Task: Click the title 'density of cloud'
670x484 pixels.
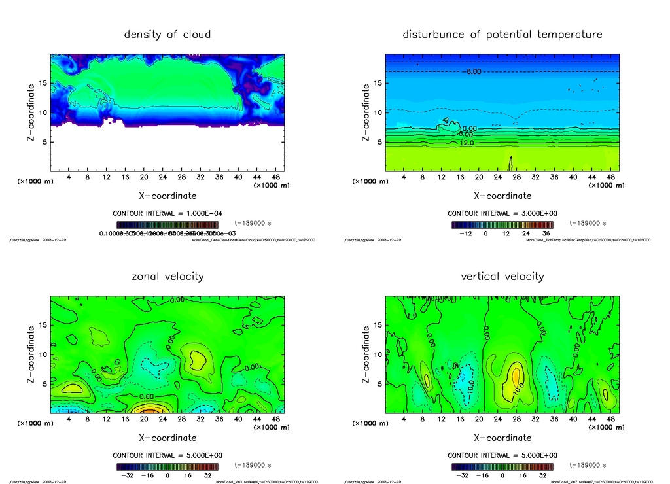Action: click(x=167, y=34)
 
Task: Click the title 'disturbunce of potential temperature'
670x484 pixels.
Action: click(x=502, y=34)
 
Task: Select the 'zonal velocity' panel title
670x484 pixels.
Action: click(x=167, y=276)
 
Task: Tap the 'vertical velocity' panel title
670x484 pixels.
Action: click(x=502, y=276)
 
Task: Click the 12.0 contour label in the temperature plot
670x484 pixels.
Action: click(x=467, y=143)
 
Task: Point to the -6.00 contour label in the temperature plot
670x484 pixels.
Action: click(x=474, y=71)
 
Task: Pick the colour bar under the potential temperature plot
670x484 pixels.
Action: click(x=502, y=224)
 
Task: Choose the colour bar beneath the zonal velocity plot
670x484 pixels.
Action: click(x=167, y=466)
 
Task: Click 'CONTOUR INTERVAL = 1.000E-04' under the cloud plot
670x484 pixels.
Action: click(x=167, y=213)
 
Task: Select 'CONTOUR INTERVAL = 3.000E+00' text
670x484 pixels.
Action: click(x=502, y=213)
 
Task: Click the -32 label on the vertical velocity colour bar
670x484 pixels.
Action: click(x=462, y=475)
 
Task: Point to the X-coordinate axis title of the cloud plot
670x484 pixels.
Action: click(x=167, y=196)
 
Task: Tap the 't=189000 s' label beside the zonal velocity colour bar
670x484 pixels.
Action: click(x=253, y=466)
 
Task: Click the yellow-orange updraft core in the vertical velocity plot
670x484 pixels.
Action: click(x=516, y=376)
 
